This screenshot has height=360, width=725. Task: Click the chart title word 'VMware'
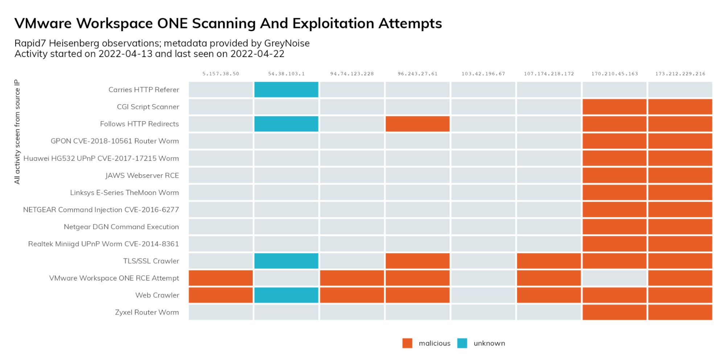point(43,24)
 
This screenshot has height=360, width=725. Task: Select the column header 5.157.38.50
point(221,74)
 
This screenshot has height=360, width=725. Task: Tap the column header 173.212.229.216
point(680,74)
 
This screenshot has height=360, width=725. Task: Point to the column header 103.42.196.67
point(483,74)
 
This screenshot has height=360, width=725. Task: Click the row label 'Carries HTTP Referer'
point(144,90)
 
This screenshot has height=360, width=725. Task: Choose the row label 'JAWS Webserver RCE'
point(142,176)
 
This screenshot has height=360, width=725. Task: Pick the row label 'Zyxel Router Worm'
point(147,312)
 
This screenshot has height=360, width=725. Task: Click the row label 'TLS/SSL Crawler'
point(151,261)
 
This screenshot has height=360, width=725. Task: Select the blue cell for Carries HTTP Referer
point(286,90)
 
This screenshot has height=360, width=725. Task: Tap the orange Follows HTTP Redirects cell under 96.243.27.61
point(417,124)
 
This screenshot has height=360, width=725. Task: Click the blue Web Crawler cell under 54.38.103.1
point(286,295)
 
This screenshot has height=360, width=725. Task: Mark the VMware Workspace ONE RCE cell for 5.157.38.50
point(221,278)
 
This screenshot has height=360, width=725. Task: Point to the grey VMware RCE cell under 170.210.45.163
point(614,278)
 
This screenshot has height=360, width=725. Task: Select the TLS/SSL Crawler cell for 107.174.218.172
point(549,261)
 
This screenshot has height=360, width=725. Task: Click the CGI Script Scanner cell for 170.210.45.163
point(614,107)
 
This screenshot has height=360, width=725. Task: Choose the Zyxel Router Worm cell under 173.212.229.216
point(680,312)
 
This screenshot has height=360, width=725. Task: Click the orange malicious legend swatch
point(407,343)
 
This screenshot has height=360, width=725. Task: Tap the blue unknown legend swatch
point(462,343)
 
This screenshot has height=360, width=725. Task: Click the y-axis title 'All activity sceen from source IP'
point(17,132)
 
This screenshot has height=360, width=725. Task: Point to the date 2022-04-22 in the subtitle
point(257,54)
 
